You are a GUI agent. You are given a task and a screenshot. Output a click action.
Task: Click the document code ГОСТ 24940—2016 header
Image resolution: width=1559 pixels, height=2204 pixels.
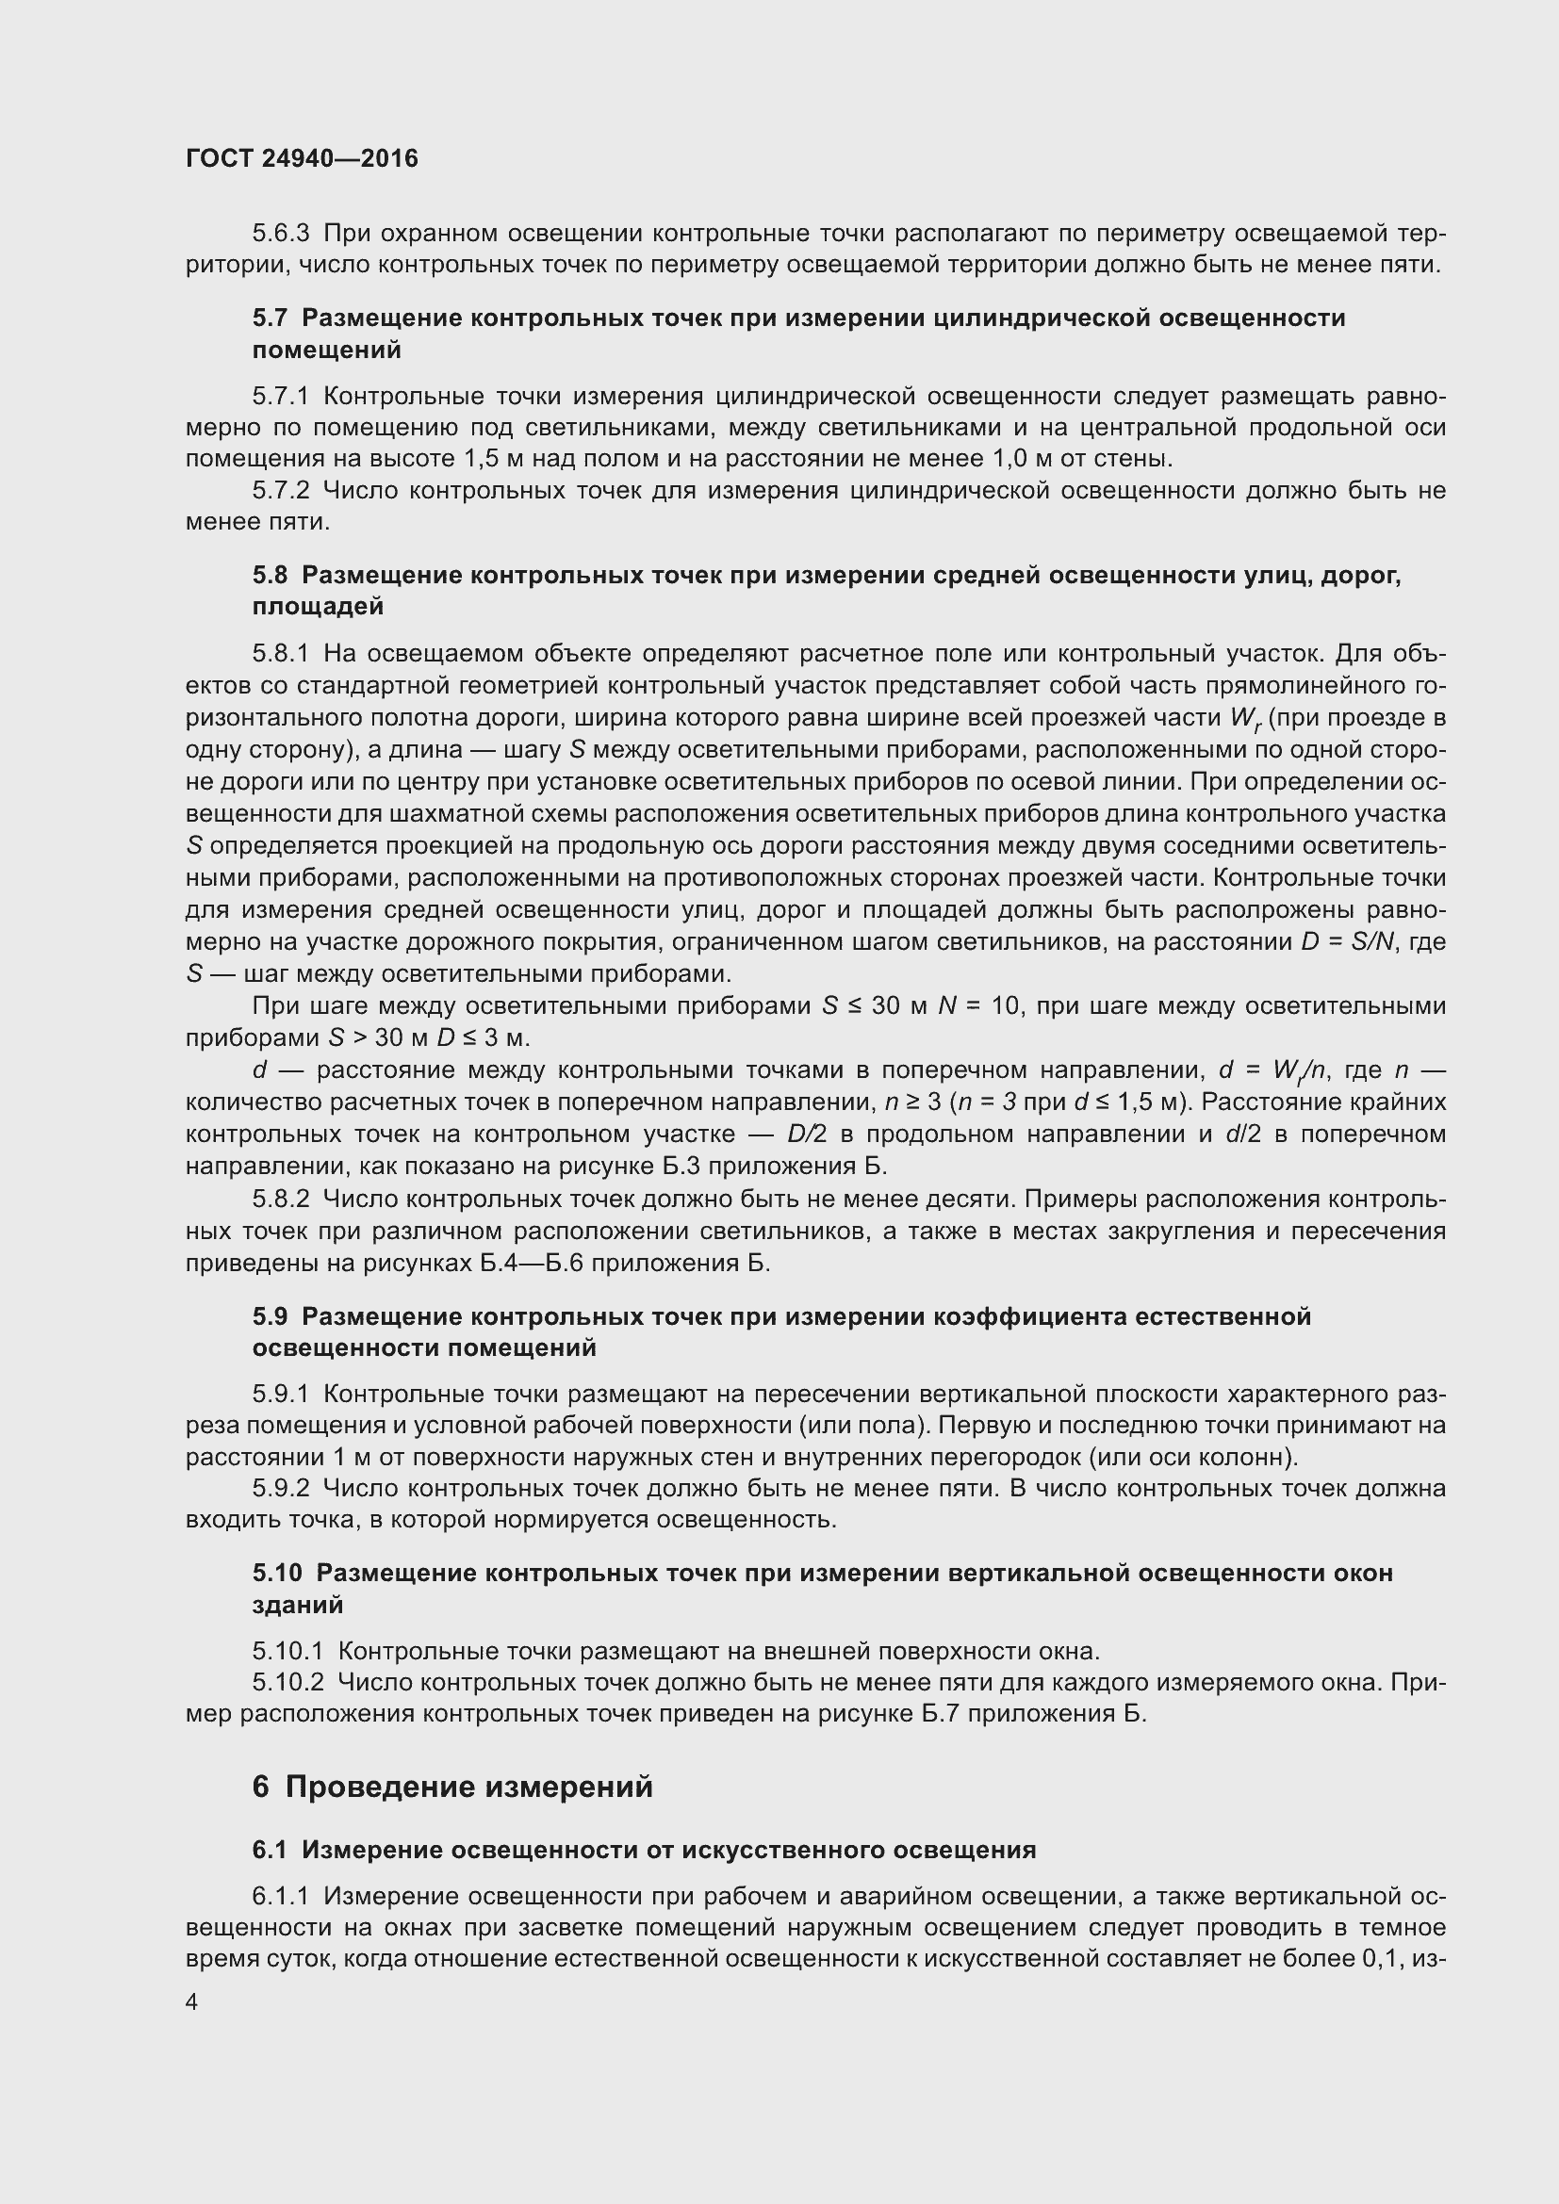pyautogui.click(x=302, y=158)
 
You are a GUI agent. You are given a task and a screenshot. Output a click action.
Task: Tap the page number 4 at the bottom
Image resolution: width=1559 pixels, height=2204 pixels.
pyautogui.click(x=192, y=2001)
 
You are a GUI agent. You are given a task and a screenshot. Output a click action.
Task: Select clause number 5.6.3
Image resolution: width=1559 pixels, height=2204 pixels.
pyautogui.click(x=280, y=234)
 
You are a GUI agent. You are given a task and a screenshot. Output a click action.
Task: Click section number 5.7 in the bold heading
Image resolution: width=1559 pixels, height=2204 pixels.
pyautogui.click(x=270, y=318)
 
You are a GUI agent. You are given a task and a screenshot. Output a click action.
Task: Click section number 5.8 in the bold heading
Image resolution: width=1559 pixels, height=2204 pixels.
pyautogui.click(x=270, y=575)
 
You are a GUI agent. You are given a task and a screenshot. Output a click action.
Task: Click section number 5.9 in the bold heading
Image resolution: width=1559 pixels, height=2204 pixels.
pyautogui.click(x=270, y=1316)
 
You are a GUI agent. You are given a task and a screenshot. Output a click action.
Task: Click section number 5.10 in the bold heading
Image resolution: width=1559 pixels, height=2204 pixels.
pyautogui.click(x=276, y=1574)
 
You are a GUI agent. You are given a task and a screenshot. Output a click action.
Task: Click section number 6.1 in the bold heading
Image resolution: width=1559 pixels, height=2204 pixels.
pyautogui.click(x=270, y=1850)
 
